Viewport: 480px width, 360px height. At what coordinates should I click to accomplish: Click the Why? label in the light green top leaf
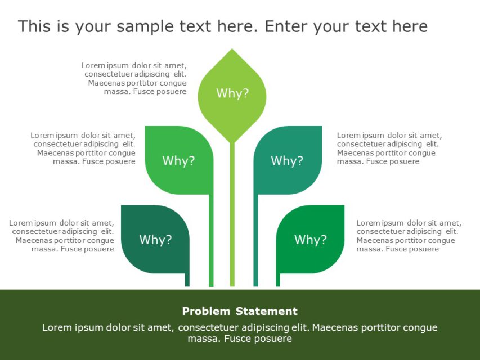[x=232, y=93]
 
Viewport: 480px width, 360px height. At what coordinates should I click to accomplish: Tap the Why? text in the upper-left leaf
[x=178, y=161]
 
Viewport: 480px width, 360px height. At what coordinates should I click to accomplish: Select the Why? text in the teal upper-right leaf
[x=287, y=161]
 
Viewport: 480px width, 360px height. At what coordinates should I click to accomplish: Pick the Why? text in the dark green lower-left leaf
[x=155, y=240]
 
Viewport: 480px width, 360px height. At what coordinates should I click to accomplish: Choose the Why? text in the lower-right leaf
[x=310, y=240]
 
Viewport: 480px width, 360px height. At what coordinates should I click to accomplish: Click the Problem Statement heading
[x=240, y=311]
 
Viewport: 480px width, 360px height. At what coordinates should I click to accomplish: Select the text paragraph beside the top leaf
[x=135, y=78]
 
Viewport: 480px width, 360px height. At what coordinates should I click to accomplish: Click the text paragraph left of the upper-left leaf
[x=84, y=148]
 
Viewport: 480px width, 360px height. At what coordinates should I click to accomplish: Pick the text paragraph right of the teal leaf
[x=389, y=148]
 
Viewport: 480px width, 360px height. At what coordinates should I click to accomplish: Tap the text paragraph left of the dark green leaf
[x=62, y=236]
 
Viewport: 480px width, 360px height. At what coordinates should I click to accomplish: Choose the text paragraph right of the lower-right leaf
[x=409, y=236]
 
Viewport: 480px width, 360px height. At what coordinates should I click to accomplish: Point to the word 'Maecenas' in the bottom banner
[x=334, y=327]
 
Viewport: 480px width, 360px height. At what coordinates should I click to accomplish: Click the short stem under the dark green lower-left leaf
[x=187, y=280]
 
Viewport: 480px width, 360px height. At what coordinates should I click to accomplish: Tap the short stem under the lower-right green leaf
[x=277, y=280]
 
